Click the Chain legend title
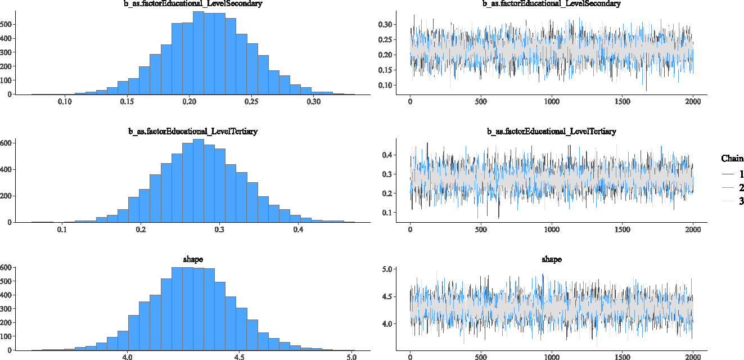(732, 159)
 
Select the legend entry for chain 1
(732, 174)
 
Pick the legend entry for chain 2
(732, 188)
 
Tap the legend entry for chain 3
(732, 201)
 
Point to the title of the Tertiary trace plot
(551, 131)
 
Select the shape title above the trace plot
(551, 259)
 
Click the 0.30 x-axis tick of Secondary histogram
(314, 102)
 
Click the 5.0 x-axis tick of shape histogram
(351, 357)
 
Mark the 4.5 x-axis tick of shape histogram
(239, 357)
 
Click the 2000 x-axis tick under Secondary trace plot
(693, 102)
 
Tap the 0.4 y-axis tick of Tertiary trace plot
(387, 155)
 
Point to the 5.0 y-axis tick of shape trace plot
(387, 269)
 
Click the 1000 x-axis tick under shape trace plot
(552, 357)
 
